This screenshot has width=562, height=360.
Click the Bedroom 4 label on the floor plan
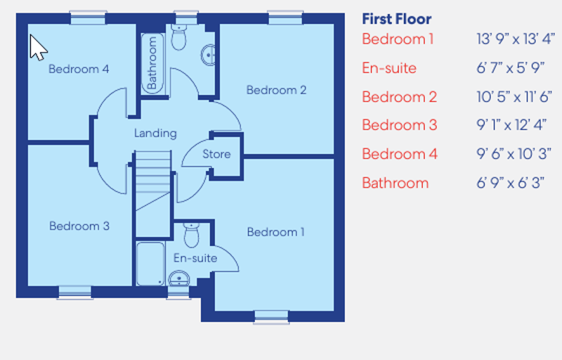[x=79, y=69]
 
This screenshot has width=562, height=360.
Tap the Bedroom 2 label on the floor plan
[x=276, y=90]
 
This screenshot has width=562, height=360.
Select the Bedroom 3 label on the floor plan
[x=79, y=226]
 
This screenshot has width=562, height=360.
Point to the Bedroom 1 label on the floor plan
[x=276, y=232]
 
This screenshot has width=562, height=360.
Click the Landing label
[x=155, y=133]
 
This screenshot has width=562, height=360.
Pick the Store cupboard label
[x=216, y=154]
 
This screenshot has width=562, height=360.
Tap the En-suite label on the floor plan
[x=195, y=258]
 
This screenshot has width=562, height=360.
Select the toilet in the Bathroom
[x=179, y=39]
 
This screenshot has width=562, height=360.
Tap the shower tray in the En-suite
[x=150, y=264]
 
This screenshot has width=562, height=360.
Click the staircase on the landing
[x=153, y=193]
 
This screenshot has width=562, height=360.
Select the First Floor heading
[x=397, y=19]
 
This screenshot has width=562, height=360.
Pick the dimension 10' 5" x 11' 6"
[x=514, y=97]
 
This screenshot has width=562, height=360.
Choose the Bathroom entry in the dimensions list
[x=395, y=183]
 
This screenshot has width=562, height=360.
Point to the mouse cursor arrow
[x=37, y=47]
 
